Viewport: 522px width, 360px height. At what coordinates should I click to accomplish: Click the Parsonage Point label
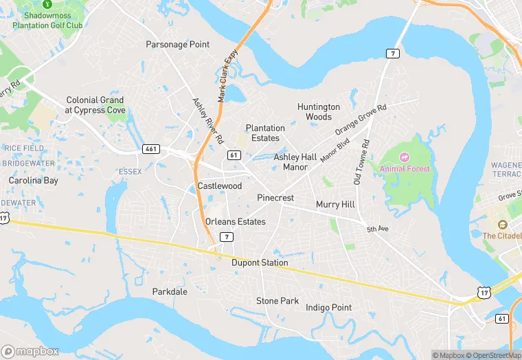point(178,45)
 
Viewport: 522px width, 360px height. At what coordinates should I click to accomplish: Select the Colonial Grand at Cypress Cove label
point(95,105)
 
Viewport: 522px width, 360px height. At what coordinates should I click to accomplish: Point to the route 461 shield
point(151,148)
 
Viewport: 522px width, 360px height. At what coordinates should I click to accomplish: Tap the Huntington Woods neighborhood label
point(318,112)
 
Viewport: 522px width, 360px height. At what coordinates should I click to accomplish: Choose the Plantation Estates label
point(265,133)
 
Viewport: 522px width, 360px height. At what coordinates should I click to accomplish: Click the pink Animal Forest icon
point(404,158)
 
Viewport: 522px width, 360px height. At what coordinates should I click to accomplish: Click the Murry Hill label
point(335,205)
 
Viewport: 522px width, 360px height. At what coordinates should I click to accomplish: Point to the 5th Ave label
point(378,229)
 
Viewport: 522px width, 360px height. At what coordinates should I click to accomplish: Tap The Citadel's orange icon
point(502,225)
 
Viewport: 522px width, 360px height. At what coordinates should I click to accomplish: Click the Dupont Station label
point(260,263)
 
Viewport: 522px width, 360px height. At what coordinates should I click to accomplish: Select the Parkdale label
point(170,292)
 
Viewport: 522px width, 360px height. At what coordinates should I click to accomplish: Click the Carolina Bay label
point(34,181)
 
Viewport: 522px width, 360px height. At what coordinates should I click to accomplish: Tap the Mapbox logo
point(31,351)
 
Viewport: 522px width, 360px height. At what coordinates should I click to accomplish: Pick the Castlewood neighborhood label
point(220,186)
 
